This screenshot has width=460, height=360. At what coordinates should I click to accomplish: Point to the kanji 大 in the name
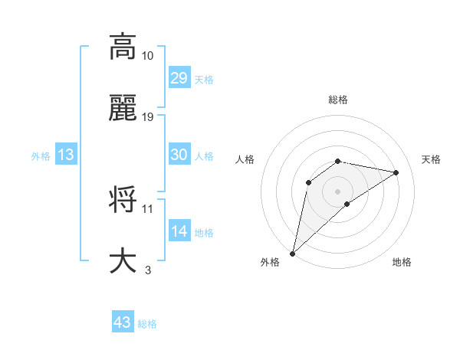point(123,260)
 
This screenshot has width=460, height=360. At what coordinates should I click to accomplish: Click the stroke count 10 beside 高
point(148,56)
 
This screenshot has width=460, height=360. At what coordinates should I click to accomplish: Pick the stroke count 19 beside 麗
point(148,117)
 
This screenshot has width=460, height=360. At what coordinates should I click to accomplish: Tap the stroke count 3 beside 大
point(148,270)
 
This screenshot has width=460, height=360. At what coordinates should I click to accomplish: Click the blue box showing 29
point(179,78)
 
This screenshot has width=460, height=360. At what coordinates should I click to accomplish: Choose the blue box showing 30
point(179,155)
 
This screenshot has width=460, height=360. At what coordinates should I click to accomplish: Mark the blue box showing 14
point(179,231)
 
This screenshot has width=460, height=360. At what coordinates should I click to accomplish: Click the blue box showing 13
point(66,155)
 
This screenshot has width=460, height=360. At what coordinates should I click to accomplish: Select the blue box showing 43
point(123,322)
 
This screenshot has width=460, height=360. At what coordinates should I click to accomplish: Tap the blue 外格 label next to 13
point(41,155)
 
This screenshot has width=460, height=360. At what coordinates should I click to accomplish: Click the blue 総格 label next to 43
point(147,324)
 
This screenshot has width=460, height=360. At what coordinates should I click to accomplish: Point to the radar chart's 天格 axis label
point(432,159)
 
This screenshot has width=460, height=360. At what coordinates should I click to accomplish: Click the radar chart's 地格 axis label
point(402,262)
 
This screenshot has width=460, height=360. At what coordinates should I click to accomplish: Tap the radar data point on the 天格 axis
point(396,172)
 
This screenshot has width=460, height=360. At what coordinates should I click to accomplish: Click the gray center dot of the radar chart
point(338,191)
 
